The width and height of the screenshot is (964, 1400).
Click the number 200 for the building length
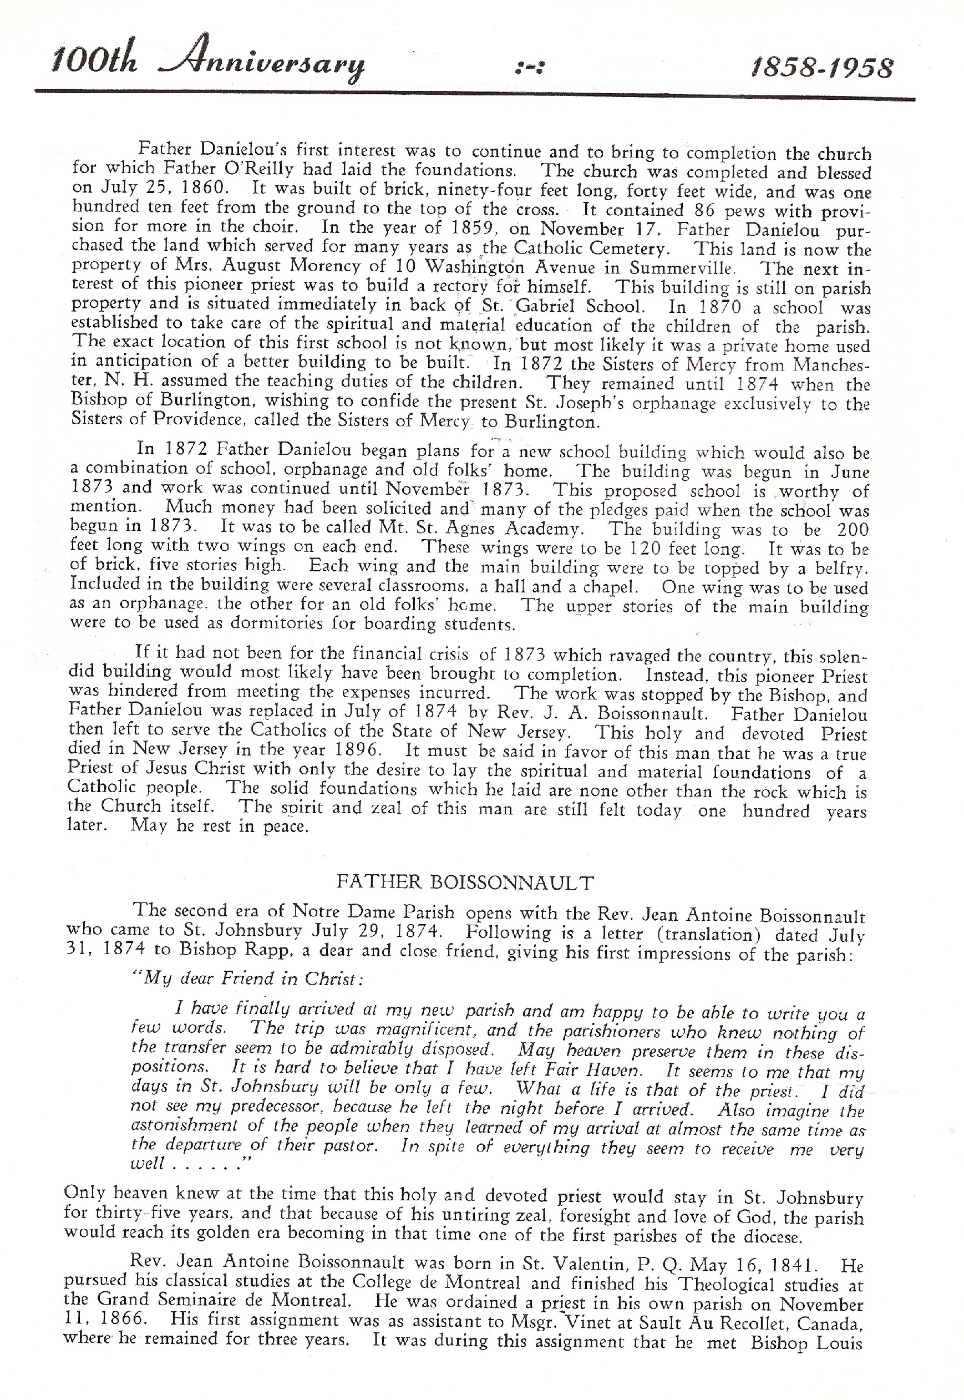tap(853, 530)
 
